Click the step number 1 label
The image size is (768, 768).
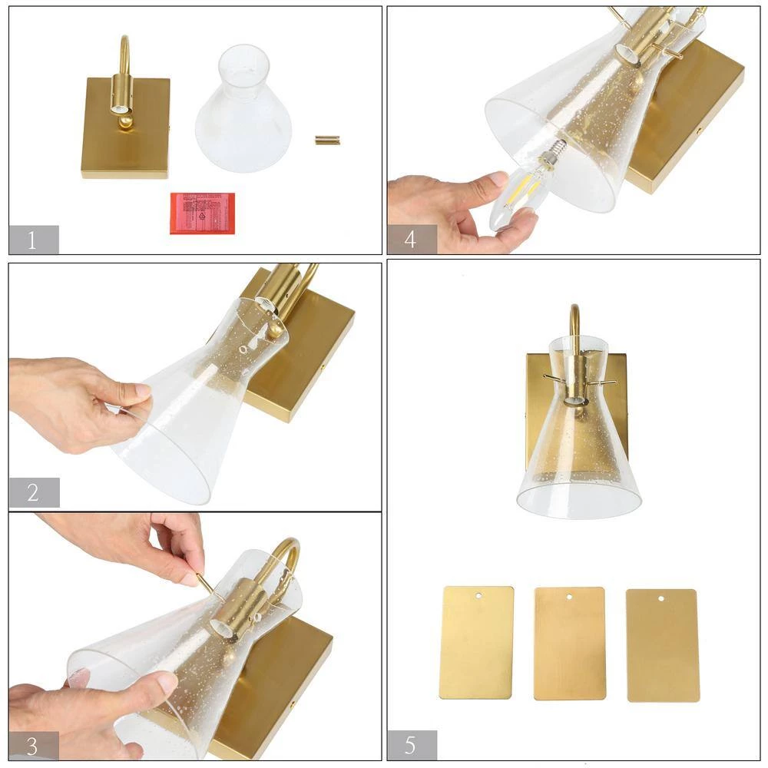[33, 240]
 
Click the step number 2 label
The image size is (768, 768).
[33, 492]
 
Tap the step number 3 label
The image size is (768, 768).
[33, 746]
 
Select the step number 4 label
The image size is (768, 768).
[411, 240]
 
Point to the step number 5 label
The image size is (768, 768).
[411, 745]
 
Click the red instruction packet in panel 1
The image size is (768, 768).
[202, 213]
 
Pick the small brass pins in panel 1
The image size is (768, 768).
[328, 140]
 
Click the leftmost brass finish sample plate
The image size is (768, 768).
[476, 643]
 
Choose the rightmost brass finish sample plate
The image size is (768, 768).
[662, 645]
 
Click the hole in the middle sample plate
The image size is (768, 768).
[570, 598]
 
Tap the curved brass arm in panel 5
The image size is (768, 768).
[573, 319]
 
